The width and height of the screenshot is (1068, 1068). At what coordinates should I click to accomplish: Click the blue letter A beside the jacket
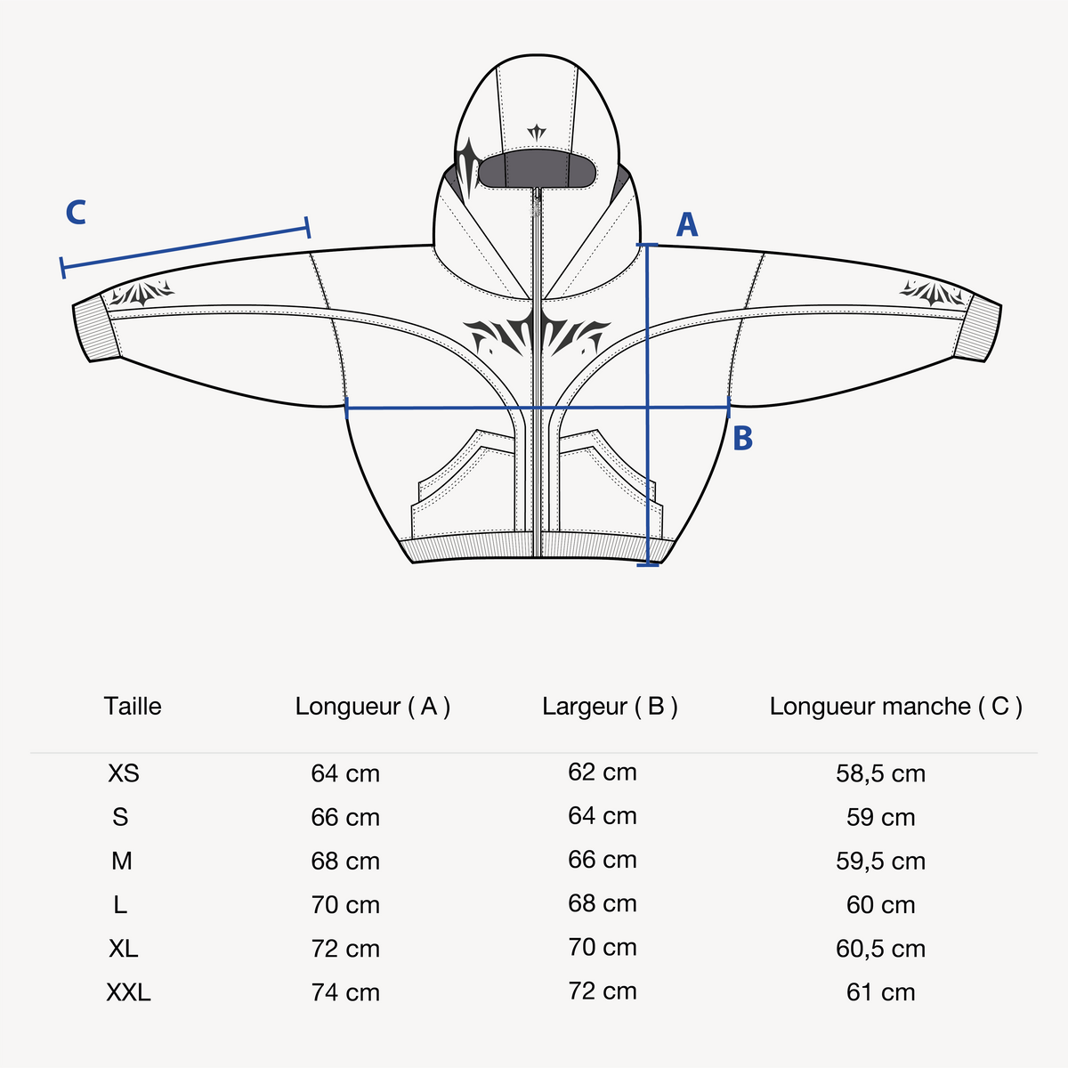(x=687, y=224)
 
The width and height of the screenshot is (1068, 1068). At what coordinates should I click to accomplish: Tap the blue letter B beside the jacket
(x=742, y=438)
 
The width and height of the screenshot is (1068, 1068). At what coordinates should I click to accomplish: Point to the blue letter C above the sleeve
(x=76, y=213)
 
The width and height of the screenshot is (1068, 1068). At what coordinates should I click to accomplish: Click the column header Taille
(x=133, y=706)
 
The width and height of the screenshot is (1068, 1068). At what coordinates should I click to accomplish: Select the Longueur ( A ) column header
(x=372, y=707)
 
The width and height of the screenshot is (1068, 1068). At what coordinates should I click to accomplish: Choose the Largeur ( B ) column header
(x=610, y=707)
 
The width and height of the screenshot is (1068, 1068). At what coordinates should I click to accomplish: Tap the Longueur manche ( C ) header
(x=895, y=707)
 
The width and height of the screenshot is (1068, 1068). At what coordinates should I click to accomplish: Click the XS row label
(x=124, y=773)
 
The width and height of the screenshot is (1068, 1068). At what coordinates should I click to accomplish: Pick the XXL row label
(x=128, y=992)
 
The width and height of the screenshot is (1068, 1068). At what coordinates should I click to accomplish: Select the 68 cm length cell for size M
(x=345, y=861)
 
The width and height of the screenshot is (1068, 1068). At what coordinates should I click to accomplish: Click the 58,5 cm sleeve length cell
(x=881, y=773)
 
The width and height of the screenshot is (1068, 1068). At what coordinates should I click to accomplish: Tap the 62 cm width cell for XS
(x=603, y=772)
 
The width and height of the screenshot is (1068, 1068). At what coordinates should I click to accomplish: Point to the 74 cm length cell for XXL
(x=345, y=992)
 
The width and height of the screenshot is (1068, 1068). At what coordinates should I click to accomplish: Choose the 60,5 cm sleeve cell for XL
(x=881, y=948)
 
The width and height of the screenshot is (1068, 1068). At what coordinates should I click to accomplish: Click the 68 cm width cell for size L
(x=603, y=903)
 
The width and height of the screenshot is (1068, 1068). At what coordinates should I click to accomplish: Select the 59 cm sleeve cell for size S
(x=881, y=817)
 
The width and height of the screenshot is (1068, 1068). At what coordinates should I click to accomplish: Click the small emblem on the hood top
(x=537, y=133)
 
